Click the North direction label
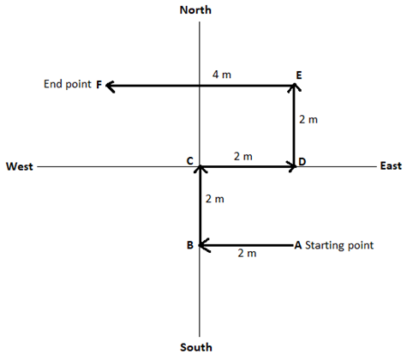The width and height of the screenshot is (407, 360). pyautogui.click(x=195, y=10)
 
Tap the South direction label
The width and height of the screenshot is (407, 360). pyautogui.click(x=196, y=347)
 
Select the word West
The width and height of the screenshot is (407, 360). pyautogui.click(x=20, y=166)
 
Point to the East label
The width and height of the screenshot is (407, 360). pyautogui.click(x=391, y=165)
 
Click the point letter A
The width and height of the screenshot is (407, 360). pyautogui.click(x=298, y=245)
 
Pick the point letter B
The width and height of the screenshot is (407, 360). pyautogui.click(x=190, y=245)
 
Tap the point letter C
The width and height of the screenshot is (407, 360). pyautogui.click(x=190, y=161)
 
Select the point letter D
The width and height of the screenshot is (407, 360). pyautogui.click(x=302, y=162)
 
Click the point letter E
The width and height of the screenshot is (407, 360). pyautogui.click(x=299, y=75)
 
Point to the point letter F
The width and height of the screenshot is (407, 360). pyautogui.click(x=99, y=85)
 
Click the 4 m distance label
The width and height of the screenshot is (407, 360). pyautogui.click(x=222, y=75)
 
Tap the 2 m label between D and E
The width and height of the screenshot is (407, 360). pyautogui.click(x=308, y=119)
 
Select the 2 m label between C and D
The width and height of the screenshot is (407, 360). pyautogui.click(x=243, y=157)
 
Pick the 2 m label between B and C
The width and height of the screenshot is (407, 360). pyautogui.click(x=215, y=199)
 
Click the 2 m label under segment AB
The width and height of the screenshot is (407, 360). pyautogui.click(x=247, y=254)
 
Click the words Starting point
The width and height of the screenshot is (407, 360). pyautogui.click(x=339, y=245)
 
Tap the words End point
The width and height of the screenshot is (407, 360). pyautogui.click(x=68, y=84)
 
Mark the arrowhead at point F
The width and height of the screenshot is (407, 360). pyautogui.click(x=111, y=86)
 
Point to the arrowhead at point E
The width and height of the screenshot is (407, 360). pyautogui.click(x=294, y=87)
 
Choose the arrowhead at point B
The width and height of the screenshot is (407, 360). pyautogui.click(x=204, y=245)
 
